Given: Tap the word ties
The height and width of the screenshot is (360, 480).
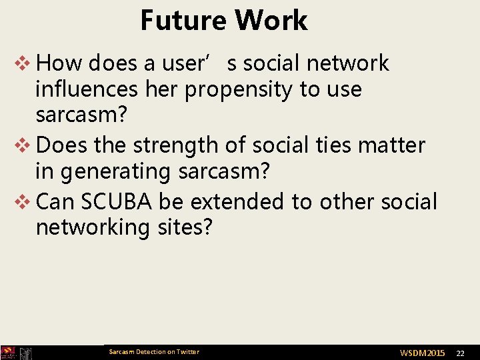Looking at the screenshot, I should (325, 145).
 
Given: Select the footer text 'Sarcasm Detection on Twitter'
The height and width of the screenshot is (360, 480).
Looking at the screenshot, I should (154, 352).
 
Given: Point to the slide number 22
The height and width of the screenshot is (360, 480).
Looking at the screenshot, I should (460, 353).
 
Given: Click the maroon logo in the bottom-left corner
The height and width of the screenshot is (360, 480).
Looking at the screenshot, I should (8, 353).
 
